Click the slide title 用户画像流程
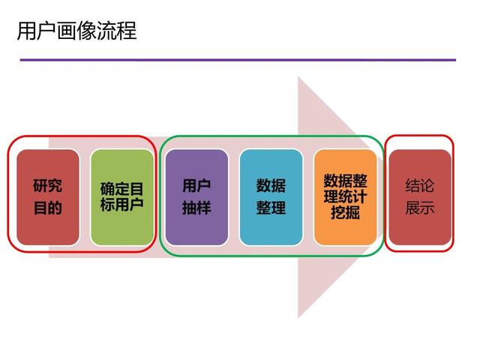76,31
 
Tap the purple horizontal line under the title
238,60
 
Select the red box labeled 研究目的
48,197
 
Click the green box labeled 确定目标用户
122,197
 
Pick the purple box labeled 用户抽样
196,197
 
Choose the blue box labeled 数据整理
271,197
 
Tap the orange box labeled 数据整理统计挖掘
345,197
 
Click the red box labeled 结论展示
420,197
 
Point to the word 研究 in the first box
48,185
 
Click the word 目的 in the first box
48,208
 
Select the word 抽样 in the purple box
196,208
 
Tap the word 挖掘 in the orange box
345,212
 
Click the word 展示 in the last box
420,208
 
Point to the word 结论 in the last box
420,185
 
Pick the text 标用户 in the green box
122,205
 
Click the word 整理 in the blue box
271,208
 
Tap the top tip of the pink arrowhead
298,76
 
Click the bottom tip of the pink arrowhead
298,318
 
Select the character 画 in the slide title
67,31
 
